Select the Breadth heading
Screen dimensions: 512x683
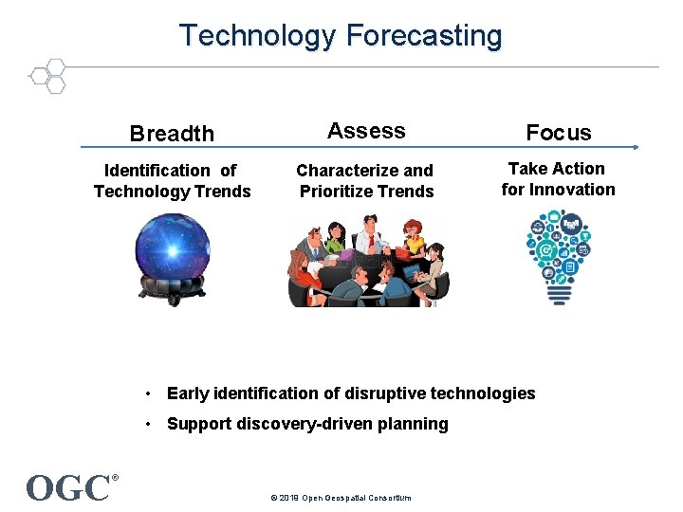coord(172,134)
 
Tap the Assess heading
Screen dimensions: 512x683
coord(366,131)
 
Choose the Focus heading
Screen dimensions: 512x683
coord(558,133)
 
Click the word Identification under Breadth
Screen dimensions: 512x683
coord(157,171)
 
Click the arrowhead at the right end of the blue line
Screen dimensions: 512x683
coord(637,147)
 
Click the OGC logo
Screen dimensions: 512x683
coord(68,488)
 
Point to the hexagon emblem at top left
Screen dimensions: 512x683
coord(47,76)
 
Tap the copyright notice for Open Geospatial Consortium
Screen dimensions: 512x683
coord(341,498)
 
